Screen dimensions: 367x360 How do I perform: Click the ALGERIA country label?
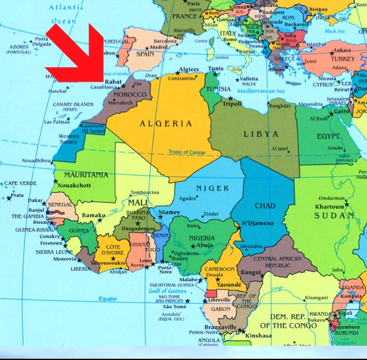tap(158, 123)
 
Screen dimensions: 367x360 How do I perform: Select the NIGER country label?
tap(212, 188)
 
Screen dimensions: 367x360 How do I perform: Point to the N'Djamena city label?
tap(256, 223)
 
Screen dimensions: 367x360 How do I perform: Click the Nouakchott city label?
tap(77, 186)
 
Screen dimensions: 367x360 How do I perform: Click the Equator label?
tap(108, 300)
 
